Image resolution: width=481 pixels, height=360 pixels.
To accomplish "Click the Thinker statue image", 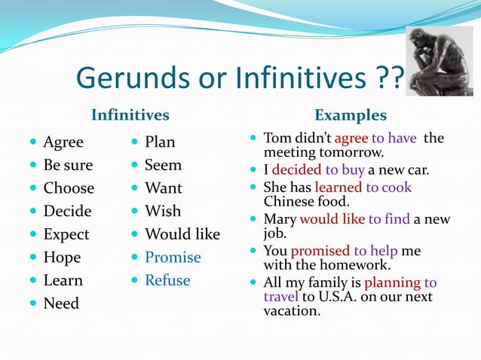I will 439,62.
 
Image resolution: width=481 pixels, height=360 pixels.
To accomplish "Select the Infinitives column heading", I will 130,115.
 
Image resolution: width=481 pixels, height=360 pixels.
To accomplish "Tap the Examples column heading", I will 350,115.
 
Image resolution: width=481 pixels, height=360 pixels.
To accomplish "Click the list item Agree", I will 63,142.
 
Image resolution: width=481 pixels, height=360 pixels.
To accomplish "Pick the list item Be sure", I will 68,165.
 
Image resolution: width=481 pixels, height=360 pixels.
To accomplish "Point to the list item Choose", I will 69,188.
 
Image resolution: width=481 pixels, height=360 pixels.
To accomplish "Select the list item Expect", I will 66,234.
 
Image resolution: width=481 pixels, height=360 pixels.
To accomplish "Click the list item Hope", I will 63,258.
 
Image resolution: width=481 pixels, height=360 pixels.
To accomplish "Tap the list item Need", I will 61,304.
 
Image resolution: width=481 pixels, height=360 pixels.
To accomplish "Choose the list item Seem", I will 163,164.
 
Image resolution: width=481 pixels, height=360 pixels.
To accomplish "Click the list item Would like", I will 182,234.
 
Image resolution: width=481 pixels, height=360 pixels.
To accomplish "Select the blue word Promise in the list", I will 173,258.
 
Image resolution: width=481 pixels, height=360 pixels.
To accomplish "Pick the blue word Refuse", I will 167,280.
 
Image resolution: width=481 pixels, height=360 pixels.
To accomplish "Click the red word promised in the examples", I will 320,251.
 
